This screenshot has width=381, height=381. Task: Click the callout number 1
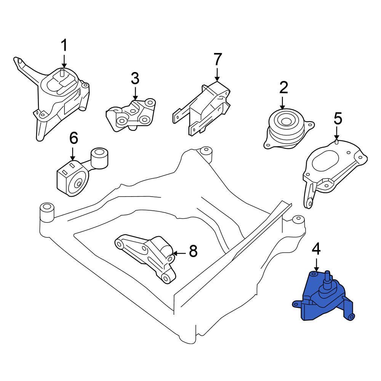64,45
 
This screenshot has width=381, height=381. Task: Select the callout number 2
283,88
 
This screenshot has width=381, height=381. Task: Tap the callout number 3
135,79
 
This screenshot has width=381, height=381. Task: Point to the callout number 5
338,119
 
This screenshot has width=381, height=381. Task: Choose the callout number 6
73,138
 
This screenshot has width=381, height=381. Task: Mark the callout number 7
217,59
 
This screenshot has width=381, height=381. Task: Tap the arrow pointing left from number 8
179,253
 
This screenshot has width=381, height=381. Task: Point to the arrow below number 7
217,74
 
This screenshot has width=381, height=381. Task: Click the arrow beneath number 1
64,61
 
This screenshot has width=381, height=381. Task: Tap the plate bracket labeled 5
331,168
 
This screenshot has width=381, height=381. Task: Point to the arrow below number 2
283,103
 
